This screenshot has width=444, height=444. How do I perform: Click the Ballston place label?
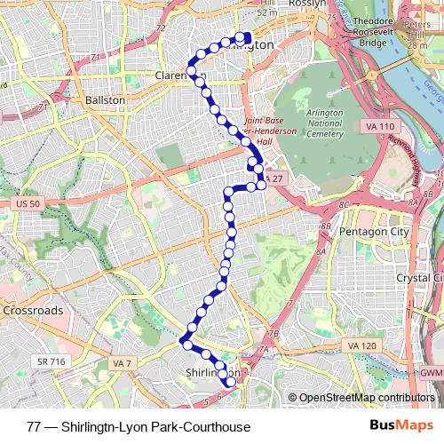[x=105, y=101]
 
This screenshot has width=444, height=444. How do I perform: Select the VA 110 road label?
[x=379, y=128]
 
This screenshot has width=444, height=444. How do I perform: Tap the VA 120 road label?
[x=362, y=345]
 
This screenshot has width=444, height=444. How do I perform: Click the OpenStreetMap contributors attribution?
[x=364, y=398]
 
